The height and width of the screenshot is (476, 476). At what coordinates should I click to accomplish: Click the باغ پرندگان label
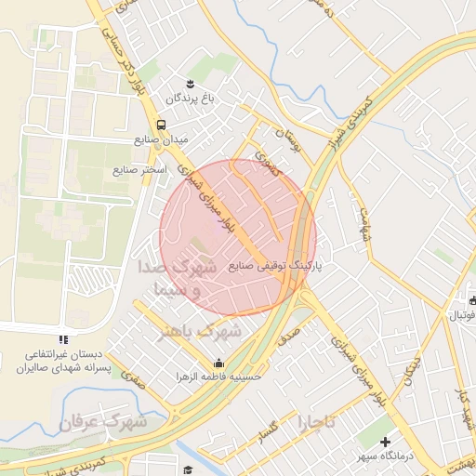point(183,98)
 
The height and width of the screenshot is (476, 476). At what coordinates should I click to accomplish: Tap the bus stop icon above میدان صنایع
point(162,125)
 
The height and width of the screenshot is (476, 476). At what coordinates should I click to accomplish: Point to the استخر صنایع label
point(139,170)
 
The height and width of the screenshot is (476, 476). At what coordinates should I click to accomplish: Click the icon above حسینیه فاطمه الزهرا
point(218,363)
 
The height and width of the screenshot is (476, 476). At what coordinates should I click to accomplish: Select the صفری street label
point(135,378)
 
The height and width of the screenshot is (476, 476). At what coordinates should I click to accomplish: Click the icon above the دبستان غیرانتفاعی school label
point(62,340)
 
